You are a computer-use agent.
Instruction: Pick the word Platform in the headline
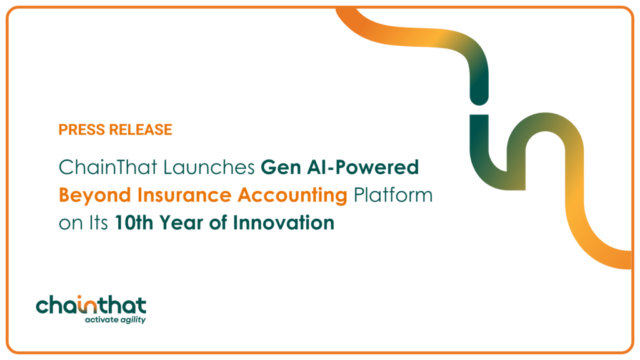click(x=392, y=195)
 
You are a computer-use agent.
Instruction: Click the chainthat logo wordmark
click(x=91, y=306)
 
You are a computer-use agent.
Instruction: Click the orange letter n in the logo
click(x=92, y=306)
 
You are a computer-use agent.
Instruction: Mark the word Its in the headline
click(x=96, y=222)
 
